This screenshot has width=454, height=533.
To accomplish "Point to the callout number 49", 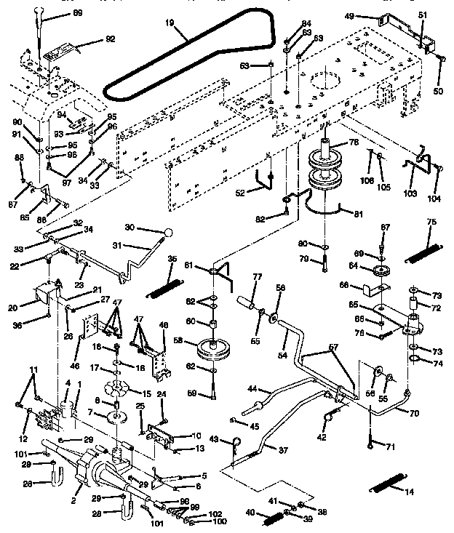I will click(370, 15).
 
